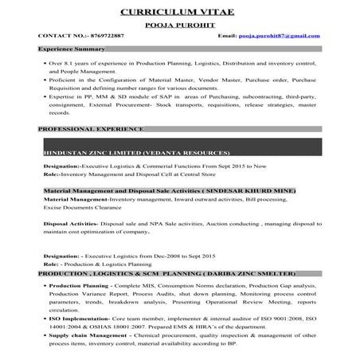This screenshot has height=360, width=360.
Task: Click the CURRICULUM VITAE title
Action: click(x=179, y=13)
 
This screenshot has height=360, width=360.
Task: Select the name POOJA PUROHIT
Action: click(x=179, y=25)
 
